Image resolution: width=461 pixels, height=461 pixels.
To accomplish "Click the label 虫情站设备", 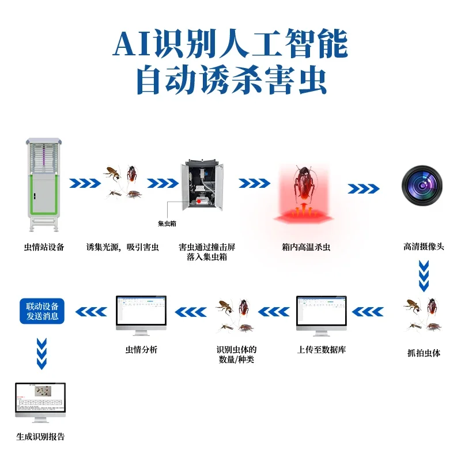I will tap(44, 247).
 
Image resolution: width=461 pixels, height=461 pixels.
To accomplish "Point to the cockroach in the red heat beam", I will tap(303, 184).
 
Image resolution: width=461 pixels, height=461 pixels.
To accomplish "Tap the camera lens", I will tap(422, 186).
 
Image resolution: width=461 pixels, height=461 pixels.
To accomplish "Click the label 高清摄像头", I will tap(424, 247).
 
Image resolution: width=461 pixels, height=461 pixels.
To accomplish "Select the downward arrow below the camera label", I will tap(424, 276).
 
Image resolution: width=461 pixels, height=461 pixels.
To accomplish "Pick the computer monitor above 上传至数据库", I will tap(322, 314).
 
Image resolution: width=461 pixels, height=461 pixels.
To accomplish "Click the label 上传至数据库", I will tap(322, 350).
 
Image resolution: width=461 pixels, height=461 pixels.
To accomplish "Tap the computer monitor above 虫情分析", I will tap(141, 314).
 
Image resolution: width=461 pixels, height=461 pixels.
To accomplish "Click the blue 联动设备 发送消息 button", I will tap(42, 311).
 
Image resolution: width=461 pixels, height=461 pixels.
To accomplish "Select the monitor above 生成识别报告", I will tap(40, 402).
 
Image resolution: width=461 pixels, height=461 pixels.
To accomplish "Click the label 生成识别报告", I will tap(40, 437).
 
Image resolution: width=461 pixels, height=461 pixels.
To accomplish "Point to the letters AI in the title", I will tap(131, 44).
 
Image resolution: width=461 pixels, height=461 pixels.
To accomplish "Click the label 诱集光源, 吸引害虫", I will tap(122, 247).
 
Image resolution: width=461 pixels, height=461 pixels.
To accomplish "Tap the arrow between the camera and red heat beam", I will tap(364, 188).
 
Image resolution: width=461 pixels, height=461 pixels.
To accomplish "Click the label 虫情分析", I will tap(141, 350).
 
